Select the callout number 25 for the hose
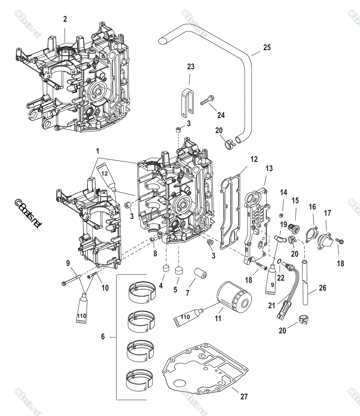click(267, 48)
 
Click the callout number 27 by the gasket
click(244, 396)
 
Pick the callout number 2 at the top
click(65, 19)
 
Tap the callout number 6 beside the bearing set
click(103, 336)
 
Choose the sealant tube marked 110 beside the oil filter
click(186, 317)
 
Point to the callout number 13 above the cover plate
click(269, 169)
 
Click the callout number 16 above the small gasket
click(312, 207)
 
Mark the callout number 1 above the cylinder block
click(98, 151)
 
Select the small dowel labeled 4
click(165, 268)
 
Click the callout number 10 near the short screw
click(105, 287)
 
